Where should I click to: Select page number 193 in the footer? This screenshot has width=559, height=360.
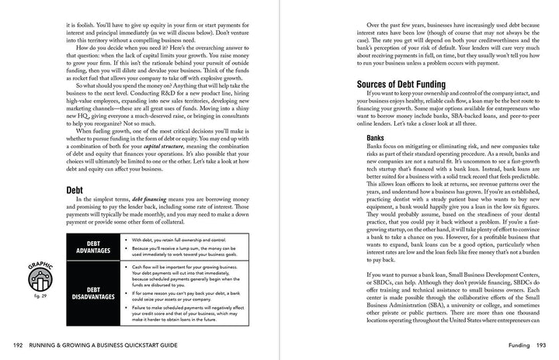pyautogui.click(x=541, y=344)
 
